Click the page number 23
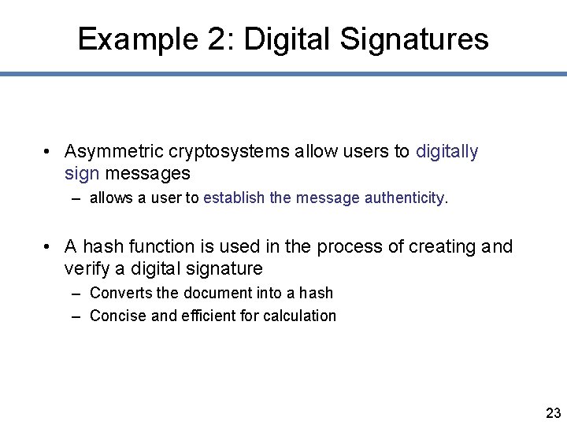coord(553,413)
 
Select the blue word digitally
coord(447,151)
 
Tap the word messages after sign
coord(147,172)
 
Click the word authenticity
coord(406,198)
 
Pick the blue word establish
coord(234,198)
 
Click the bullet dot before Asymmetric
coord(48,152)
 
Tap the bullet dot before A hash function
coord(48,247)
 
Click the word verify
coord(87,268)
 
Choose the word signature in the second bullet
coord(224,268)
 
